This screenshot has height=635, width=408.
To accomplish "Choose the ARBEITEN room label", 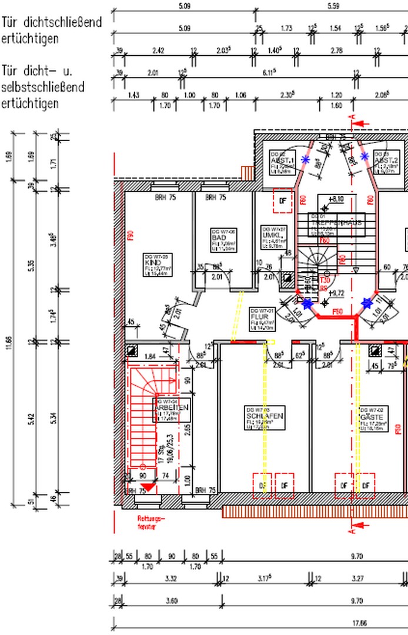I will coord(171,407).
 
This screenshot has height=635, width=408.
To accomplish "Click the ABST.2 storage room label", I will coord(386,159).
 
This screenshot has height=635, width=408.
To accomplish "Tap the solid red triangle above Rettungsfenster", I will coord(149,486).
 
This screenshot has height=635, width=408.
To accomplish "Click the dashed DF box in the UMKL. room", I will coord(283,201).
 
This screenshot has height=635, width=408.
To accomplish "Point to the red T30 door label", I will coord(324,280).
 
